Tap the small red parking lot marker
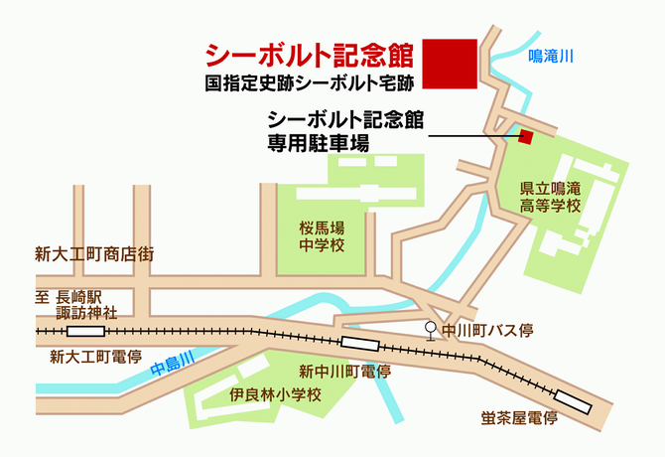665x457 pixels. [x=526, y=136]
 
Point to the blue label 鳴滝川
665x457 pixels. [x=551, y=58]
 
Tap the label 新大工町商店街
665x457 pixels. [x=93, y=252]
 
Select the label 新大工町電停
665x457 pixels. [x=95, y=356]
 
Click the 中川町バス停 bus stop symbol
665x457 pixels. [x=430, y=330]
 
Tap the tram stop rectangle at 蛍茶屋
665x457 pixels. [x=572, y=401]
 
